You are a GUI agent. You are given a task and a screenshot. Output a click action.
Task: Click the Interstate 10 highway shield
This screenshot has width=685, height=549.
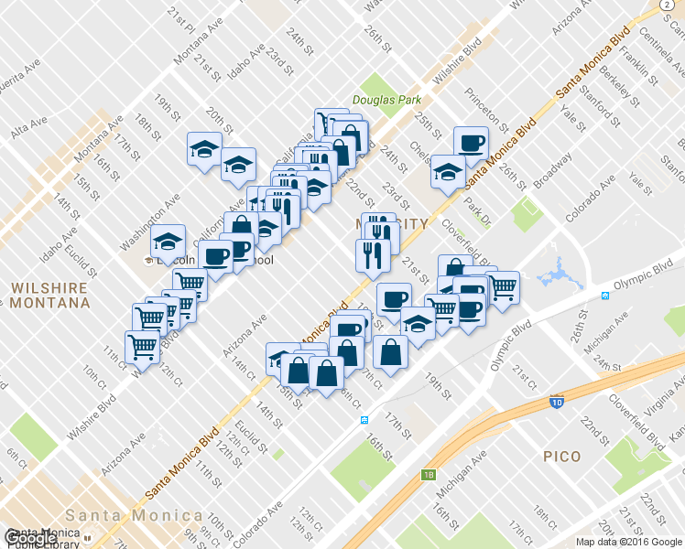tap(556, 401)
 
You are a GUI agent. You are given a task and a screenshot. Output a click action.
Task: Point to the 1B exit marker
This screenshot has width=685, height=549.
tap(429, 474)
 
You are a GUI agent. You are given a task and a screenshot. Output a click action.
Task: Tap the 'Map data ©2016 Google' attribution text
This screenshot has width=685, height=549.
tap(629, 542)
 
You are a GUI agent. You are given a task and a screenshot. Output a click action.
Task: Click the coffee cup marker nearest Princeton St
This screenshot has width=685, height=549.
tap(472, 144)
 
